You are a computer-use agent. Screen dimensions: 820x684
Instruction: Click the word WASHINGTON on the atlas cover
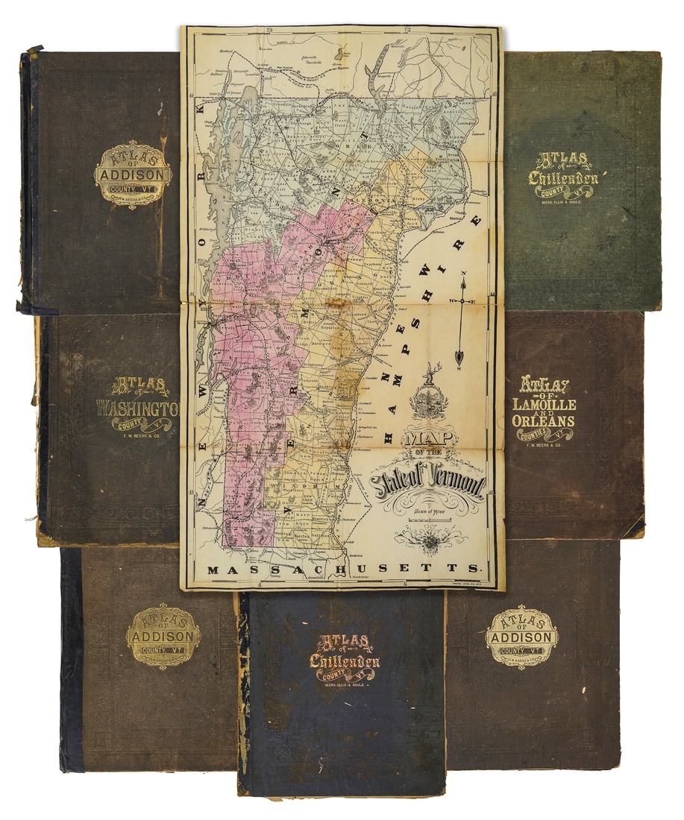(x=139, y=409)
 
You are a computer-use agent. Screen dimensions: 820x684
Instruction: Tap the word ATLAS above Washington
(x=140, y=385)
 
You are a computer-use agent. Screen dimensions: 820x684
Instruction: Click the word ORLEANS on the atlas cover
(x=543, y=420)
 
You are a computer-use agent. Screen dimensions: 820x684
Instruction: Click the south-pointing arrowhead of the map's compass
(x=459, y=363)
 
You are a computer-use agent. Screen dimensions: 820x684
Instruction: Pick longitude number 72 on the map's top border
(x=407, y=31)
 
